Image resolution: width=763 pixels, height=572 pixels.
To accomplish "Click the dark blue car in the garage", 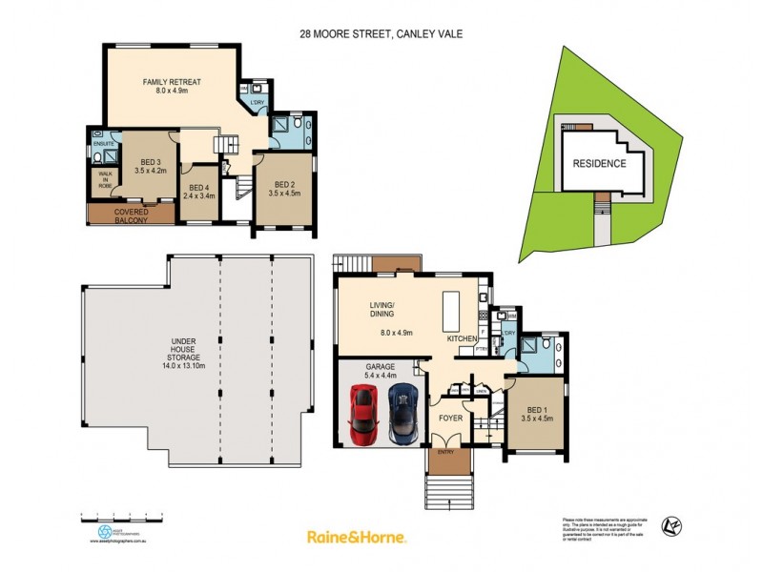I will pos(402,413).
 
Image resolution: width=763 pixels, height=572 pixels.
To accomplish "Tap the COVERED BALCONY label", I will pos(131,215).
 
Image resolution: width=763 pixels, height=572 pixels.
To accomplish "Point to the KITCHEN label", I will pos(464,339).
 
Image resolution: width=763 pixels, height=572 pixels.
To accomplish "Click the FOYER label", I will pos(449,418).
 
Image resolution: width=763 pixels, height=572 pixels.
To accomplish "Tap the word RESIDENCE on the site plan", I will pos(599,163).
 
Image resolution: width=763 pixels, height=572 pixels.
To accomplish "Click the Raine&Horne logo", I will pos(356,537).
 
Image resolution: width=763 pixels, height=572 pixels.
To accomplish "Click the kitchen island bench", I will pos(451,309).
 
